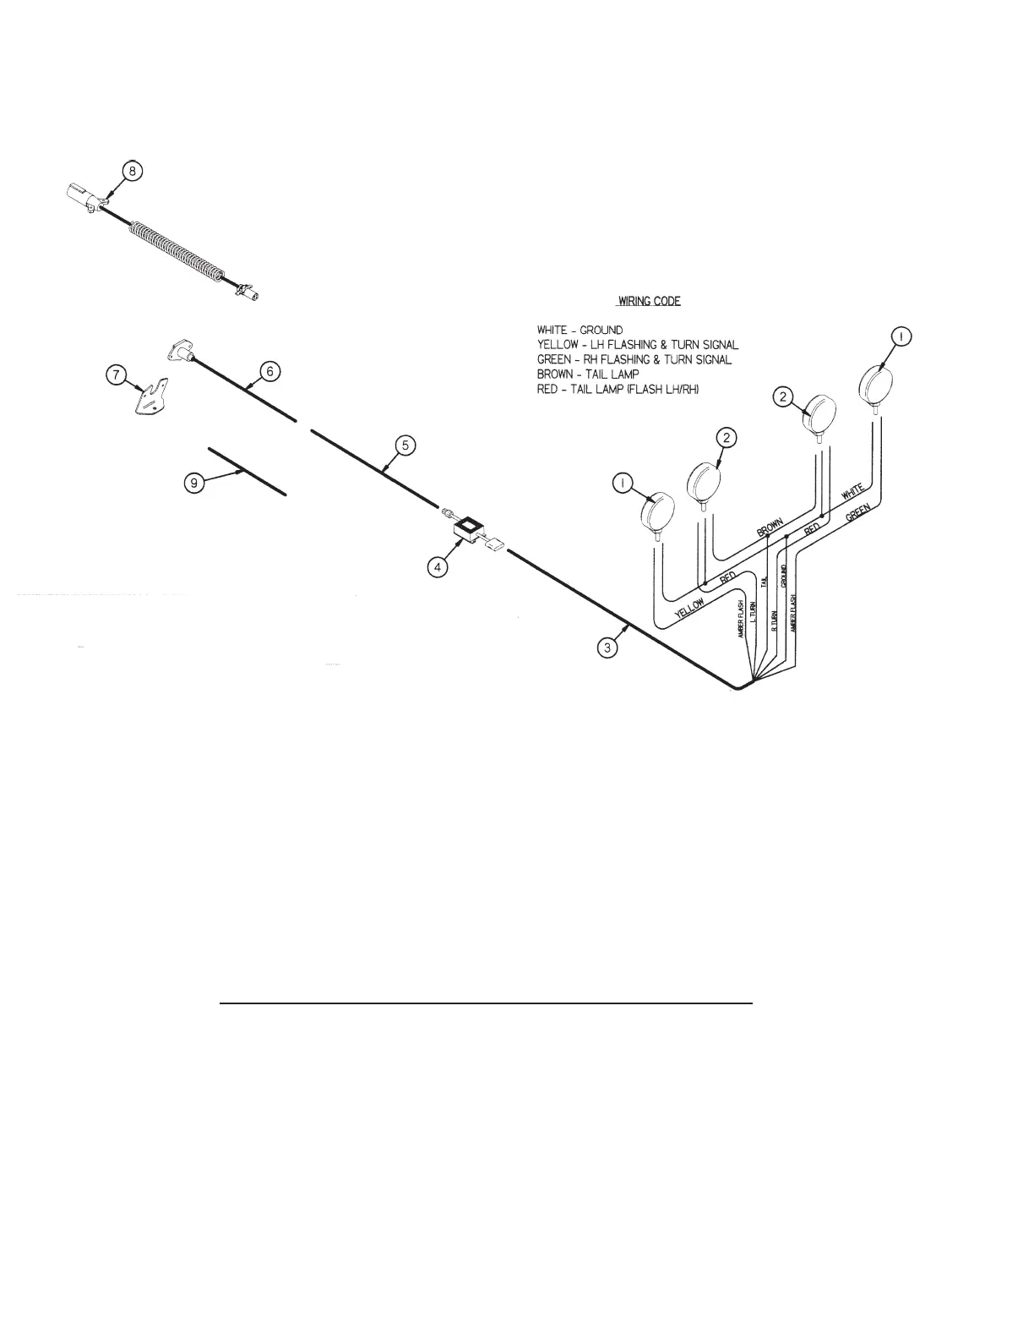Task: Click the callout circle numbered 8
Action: [132, 171]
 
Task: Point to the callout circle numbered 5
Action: [405, 445]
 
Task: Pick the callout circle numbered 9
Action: [194, 483]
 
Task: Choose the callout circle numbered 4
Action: [437, 567]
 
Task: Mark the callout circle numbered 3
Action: [607, 648]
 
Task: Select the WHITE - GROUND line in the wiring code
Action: [580, 330]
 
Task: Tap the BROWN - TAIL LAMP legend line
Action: [588, 373]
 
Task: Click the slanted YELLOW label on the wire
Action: [693, 606]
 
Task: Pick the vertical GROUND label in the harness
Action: [784, 575]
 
